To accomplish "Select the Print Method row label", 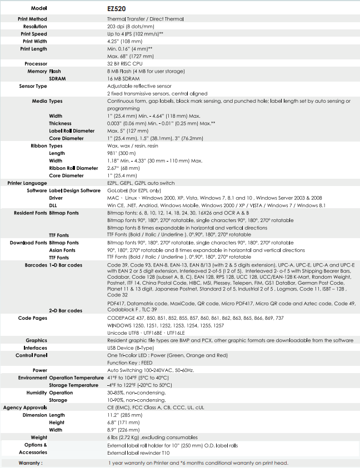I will pos(32,19).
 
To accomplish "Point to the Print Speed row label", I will pos(33,34).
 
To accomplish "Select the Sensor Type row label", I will pos(33,87).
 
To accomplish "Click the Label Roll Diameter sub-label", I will pos(72,131).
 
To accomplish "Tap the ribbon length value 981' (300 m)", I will pos(123,153).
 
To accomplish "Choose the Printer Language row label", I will pos(27,183).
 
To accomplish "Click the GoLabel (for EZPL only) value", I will pos(133,190).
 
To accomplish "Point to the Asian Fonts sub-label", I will pos(62,250).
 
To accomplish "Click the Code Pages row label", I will pos(32,318).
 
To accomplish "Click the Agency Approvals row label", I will pos(26,407).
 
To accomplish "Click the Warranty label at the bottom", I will pos(31,462).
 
